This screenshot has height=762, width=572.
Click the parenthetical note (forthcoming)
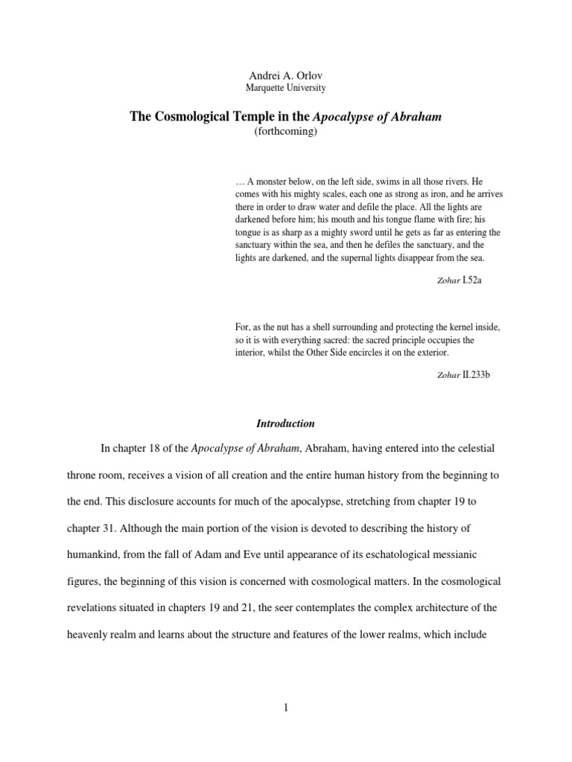pyautogui.click(x=285, y=130)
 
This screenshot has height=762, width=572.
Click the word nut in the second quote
pyautogui.click(x=277, y=327)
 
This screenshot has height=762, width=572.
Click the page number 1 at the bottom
pyautogui.click(x=285, y=708)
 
